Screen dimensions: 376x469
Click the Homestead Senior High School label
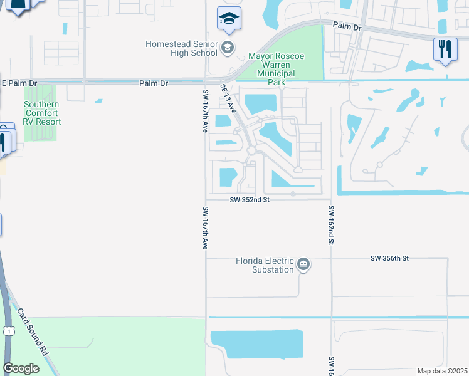tap(181, 48)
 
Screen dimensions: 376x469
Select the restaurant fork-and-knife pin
tap(445, 50)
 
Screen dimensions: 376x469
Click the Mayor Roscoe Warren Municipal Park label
tap(277, 69)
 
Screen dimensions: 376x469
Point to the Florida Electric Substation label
tap(264, 265)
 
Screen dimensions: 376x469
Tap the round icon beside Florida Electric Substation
tap(303, 264)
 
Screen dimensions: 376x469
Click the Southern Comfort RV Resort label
tap(42, 113)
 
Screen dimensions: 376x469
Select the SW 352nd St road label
tap(249, 200)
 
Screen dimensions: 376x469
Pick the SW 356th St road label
tap(389, 258)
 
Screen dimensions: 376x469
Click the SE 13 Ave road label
tap(228, 98)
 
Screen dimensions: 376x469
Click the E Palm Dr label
tap(19, 83)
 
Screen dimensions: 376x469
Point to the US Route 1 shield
tap(8, 330)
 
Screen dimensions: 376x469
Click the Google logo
tap(21, 368)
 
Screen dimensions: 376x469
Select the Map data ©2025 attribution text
tap(441, 371)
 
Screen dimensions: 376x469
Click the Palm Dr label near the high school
tap(154, 83)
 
